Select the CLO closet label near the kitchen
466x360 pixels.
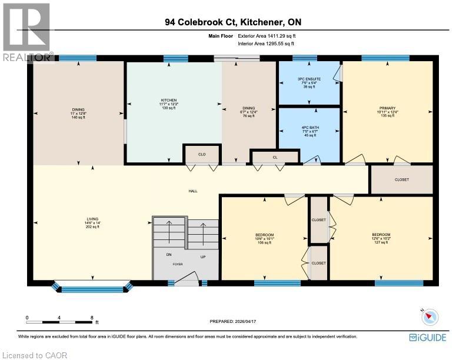(201, 155)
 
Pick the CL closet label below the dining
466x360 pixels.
(274, 158)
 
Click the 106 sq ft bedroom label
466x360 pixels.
(264, 238)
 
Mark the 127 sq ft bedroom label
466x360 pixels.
(381, 238)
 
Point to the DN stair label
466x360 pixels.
(168, 255)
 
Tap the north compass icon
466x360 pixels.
(431, 316)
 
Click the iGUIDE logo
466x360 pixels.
(427, 337)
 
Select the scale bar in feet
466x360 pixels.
(59, 322)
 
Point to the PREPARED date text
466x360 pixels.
(234, 321)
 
